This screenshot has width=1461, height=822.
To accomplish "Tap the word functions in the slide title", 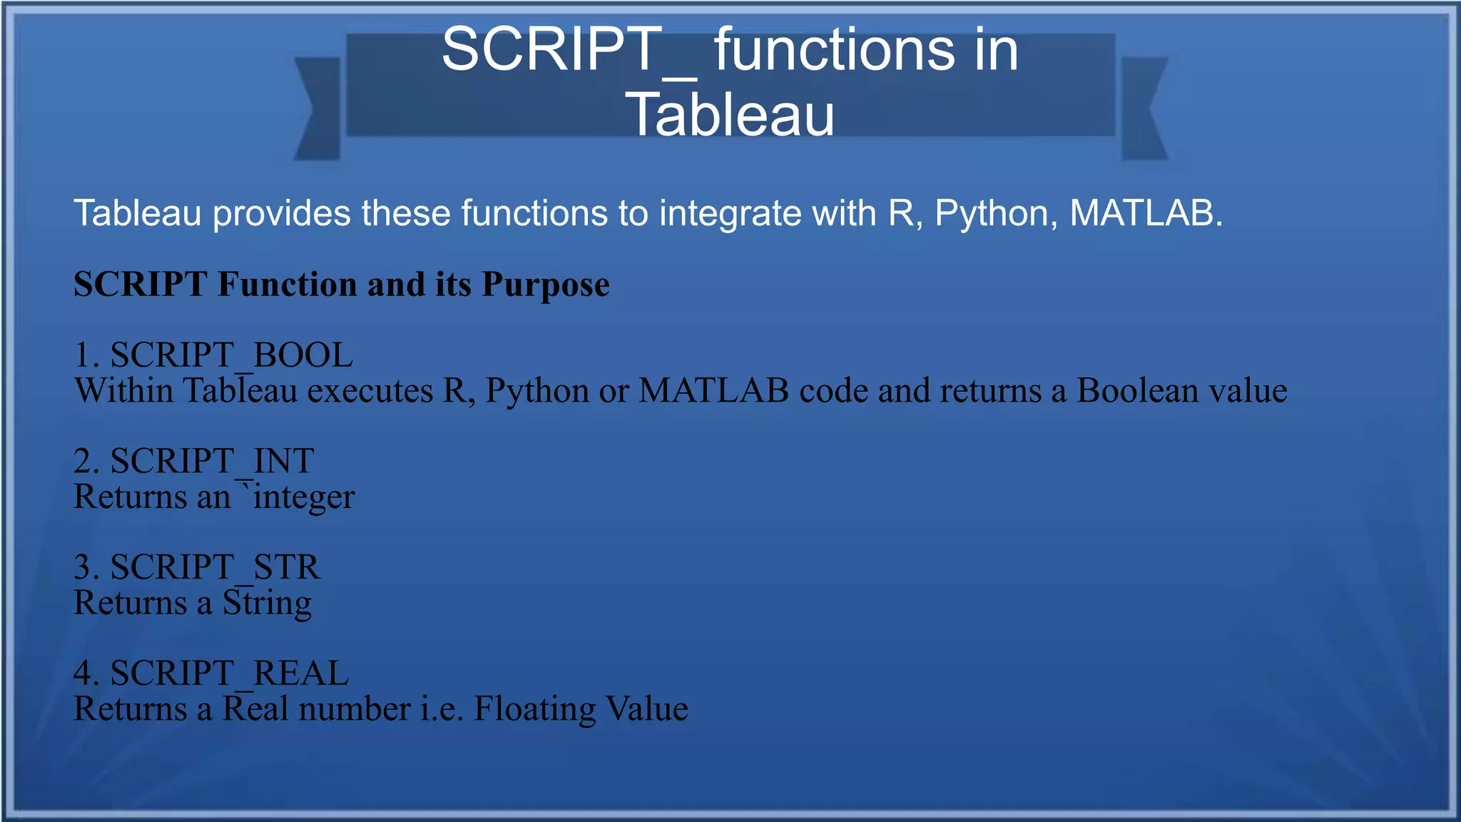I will tap(834, 50).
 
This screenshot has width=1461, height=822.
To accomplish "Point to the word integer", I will tap(304, 497).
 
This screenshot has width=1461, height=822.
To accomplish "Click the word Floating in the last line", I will tap(534, 709).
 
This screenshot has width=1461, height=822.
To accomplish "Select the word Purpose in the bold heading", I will tap(546, 284).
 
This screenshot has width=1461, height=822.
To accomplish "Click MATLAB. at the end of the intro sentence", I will tap(1146, 213).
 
